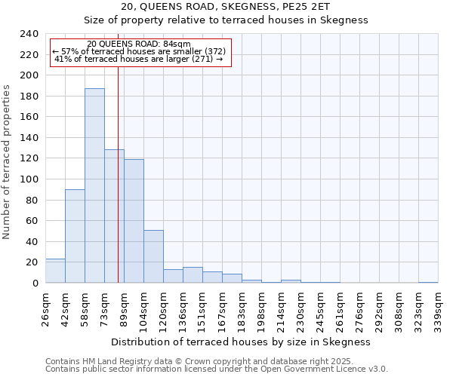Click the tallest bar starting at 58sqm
[94, 185]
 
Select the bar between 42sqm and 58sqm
[75, 236]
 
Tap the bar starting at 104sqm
[153, 256]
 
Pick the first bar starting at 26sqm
[55, 271]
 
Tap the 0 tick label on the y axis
[35, 284]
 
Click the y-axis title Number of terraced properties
[7, 161]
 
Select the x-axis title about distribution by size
[240, 342]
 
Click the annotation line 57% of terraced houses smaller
[139, 51]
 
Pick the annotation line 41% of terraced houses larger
[139, 59]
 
